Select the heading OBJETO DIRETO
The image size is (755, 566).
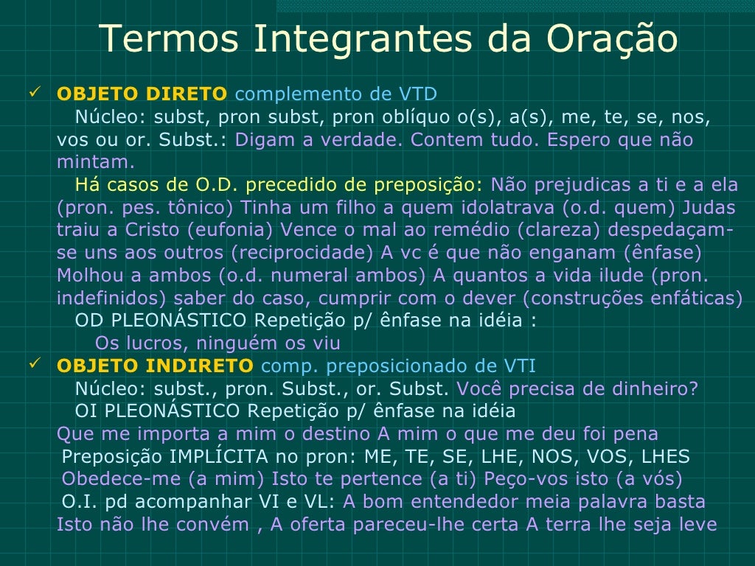(x=142, y=94)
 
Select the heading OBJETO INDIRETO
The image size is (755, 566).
(x=155, y=366)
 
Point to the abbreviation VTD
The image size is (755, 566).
(x=418, y=94)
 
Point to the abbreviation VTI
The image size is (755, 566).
(x=520, y=366)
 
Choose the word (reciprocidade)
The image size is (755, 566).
(x=302, y=253)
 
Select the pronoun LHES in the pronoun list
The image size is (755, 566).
(x=666, y=457)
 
